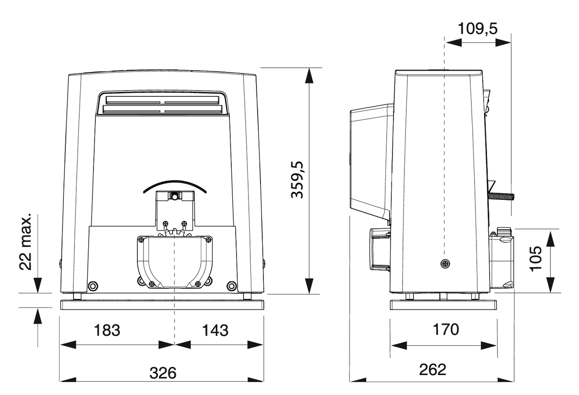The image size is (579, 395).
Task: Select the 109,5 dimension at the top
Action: point(477,28)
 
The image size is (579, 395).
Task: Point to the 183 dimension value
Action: point(107,330)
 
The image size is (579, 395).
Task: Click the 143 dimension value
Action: point(214,330)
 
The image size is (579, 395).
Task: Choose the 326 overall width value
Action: point(163,372)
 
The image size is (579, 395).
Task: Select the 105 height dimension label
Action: point(537,258)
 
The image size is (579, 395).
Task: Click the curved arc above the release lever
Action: point(175,184)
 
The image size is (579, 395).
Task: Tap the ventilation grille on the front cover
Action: point(162,105)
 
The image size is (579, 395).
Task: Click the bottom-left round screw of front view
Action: point(93,286)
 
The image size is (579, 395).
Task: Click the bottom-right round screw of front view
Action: point(232,286)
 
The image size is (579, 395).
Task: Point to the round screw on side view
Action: point(445,263)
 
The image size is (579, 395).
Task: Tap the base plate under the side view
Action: point(444,305)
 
